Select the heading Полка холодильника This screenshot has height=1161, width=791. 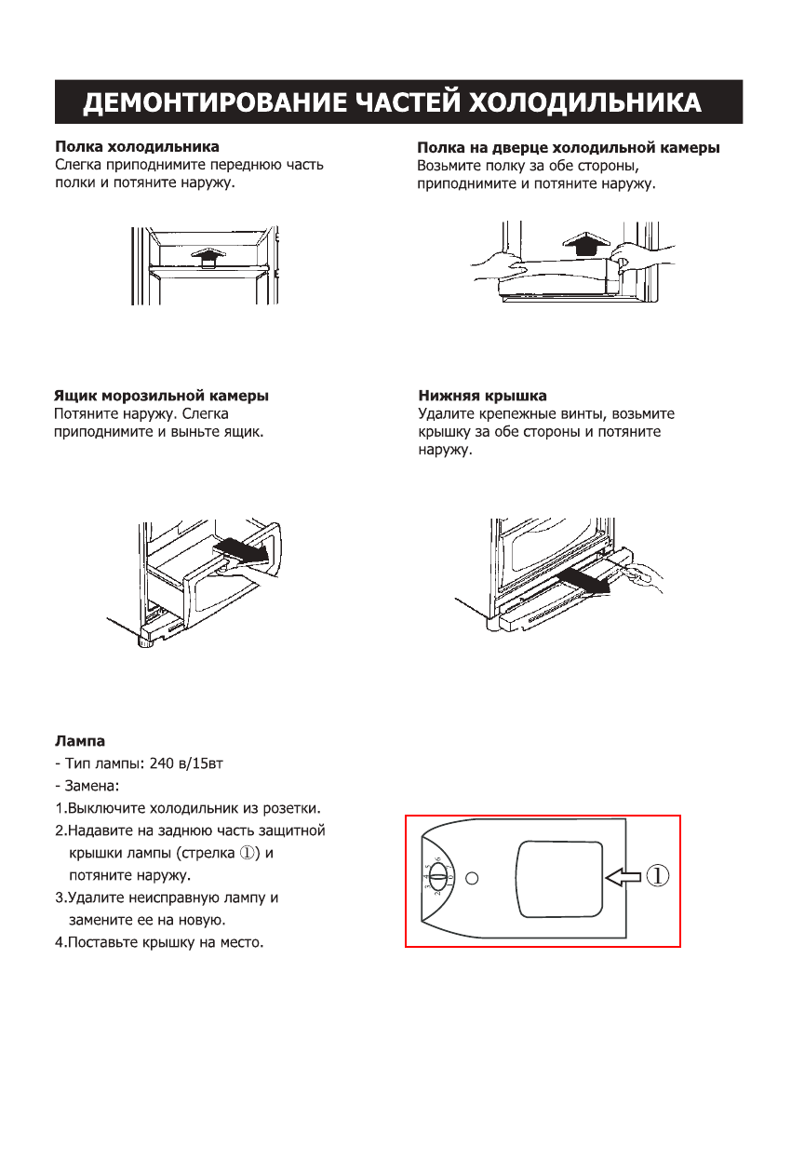137,147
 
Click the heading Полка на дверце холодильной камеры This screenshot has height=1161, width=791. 568,148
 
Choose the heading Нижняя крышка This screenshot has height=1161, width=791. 482,396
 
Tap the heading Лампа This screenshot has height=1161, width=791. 80,742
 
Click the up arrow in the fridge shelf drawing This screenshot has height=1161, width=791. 206,256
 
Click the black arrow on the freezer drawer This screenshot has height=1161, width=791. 244,553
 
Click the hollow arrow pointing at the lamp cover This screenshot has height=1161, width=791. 623,875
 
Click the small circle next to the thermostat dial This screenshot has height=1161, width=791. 472,878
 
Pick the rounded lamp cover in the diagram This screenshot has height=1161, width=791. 553,877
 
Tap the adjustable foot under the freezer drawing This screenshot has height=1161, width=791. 146,641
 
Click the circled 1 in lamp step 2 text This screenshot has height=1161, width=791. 248,854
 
